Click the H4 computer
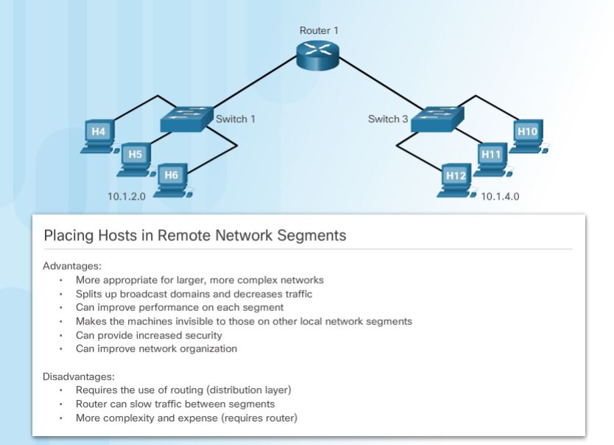pos(99,136)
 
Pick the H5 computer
pos(135,158)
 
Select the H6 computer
pos(172,179)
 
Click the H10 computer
pos(527,136)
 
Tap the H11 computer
pos(490,158)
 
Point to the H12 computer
pos(455,180)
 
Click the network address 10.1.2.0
pos(127,197)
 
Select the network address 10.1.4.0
pos(501,197)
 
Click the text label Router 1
pos(320,31)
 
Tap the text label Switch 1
pos(236,119)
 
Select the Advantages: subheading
pos(72,265)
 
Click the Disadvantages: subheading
pos(79,376)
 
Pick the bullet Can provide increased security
pos(149,335)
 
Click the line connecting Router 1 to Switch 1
pos(250,85)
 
